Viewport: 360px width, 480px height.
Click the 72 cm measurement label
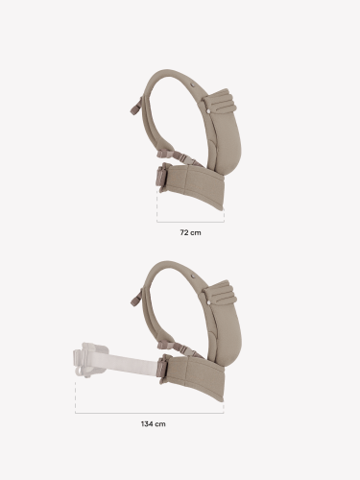click(190, 232)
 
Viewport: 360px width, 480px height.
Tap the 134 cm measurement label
click(154, 424)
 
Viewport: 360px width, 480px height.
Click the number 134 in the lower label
click(146, 424)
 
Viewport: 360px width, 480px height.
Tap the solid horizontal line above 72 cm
click(190, 222)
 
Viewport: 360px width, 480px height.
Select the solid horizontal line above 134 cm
click(149, 413)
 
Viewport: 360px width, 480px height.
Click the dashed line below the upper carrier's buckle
click(156, 206)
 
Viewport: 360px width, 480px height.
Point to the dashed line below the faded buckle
click(76, 396)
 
